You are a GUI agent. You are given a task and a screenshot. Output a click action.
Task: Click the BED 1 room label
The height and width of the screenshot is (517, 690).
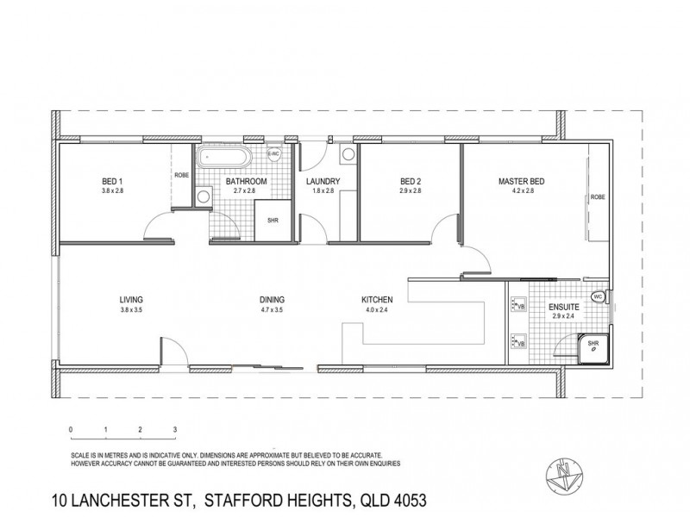(x=113, y=181)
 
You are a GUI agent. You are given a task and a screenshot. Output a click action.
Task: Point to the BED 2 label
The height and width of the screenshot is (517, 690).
(x=411, y=181)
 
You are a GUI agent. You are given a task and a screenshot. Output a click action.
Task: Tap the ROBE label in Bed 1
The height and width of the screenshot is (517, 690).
(x=181, y=175)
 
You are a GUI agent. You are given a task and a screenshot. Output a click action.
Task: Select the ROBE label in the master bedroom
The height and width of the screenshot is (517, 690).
(x=597, y=197)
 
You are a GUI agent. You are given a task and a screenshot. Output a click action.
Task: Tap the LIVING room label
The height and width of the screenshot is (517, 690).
(x=131, y=300)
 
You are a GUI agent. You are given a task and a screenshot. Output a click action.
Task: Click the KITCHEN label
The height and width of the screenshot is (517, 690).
(x=378, y=300)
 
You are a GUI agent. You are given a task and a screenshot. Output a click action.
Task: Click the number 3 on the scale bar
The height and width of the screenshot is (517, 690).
(x=175, y=428)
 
